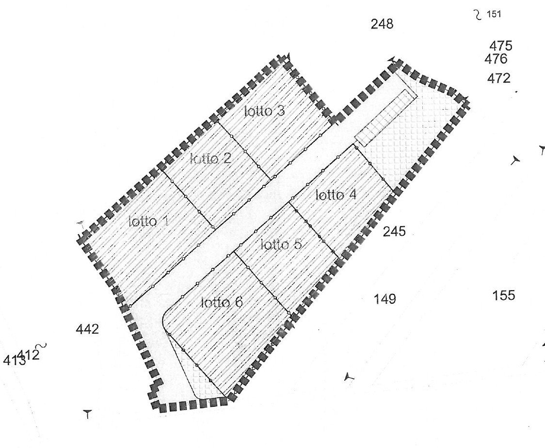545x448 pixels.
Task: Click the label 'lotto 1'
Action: [x=149, y=221]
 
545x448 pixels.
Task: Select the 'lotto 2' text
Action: [x=210, y=159]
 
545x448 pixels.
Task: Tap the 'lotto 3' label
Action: [x=265, y=111]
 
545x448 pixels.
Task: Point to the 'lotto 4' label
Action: [x=336, y=195]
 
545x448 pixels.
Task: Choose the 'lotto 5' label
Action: [x=281, y=245]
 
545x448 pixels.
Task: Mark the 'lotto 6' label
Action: [x=222, y=303]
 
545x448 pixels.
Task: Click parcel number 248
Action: [x=382, y=24]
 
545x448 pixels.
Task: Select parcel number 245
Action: [x=394, y=232]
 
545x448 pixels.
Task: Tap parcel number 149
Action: [x=385, y=299]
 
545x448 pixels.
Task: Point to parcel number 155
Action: [x=504, y=295]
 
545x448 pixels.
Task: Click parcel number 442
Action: [x=87, y=329]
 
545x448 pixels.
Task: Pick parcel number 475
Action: [x=501, y=46]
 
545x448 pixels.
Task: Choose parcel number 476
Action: [x=496, y=59]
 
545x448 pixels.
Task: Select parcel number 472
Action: [x=499, y=78]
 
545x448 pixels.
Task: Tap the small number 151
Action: [x=494, y=14]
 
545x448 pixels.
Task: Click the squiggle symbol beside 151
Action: [x=478, y=15]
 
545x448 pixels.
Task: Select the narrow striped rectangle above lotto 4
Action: [x=386, y=118]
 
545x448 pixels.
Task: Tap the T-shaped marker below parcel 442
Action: [x=88, y=414]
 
